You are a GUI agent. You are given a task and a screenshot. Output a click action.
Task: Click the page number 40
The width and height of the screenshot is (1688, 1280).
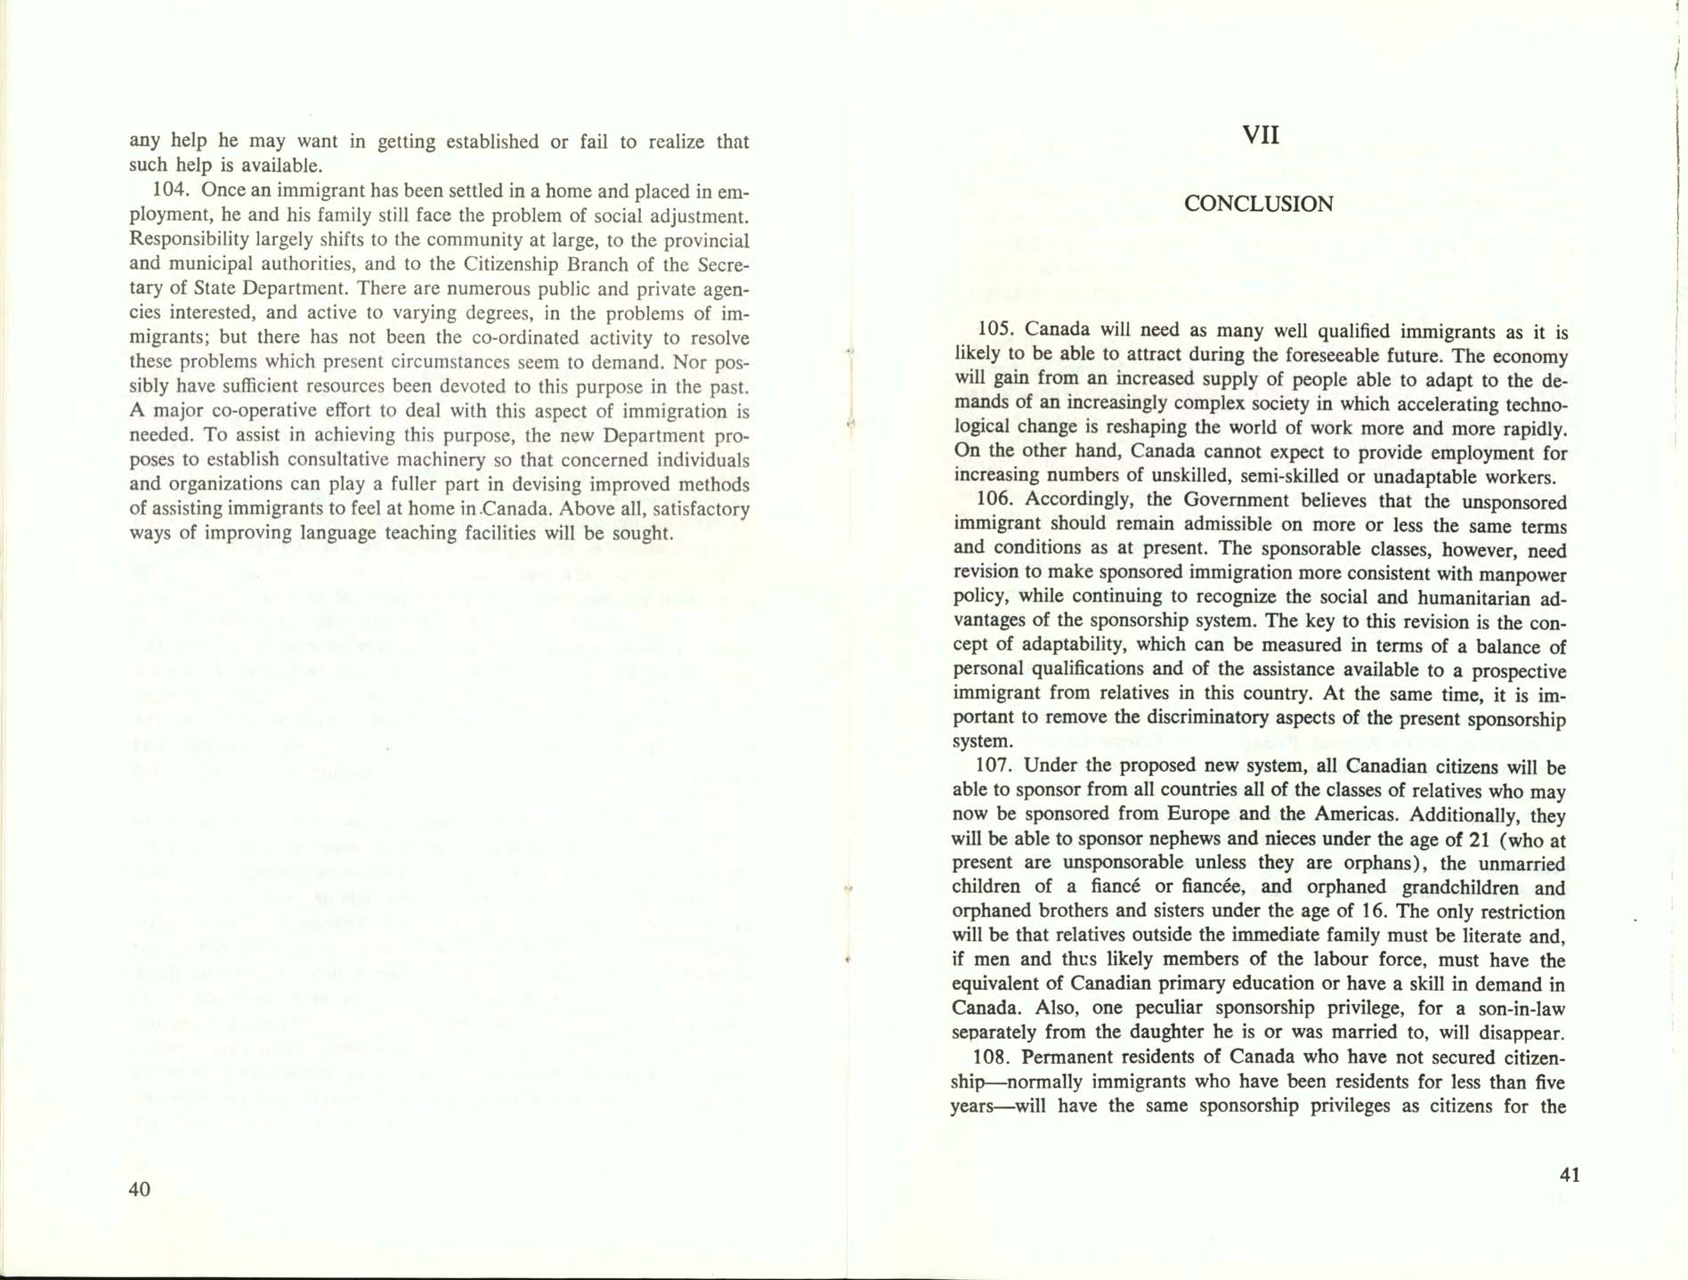(140, 1189)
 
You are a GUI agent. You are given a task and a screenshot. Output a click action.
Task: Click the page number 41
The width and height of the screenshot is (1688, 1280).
(1570, 1174)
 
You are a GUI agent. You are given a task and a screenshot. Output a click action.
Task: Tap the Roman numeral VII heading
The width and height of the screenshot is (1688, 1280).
(1260, 135)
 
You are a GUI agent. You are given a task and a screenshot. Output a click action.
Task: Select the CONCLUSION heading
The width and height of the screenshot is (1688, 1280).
(1258, 204)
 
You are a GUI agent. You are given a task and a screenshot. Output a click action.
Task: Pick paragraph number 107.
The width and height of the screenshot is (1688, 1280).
(993, 766)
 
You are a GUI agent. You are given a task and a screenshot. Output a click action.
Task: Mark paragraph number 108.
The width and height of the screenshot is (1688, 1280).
(992, 1057)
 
